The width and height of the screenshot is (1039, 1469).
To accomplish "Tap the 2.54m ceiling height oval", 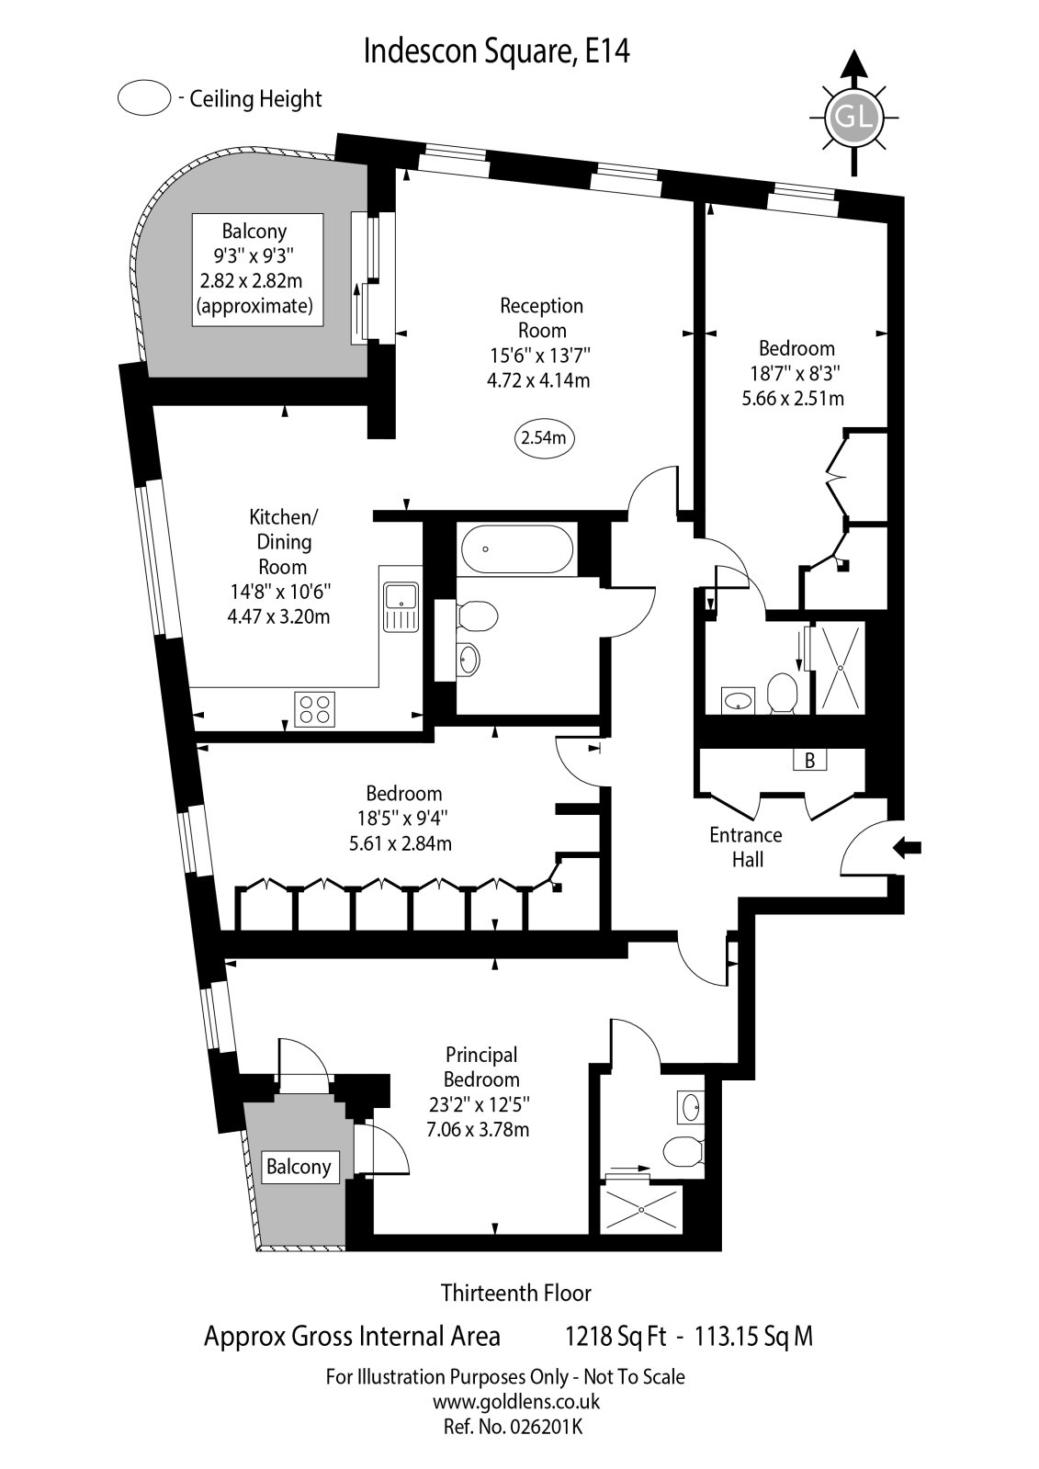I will (x=544, y=438).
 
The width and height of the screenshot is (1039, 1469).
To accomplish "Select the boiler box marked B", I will (x=809, y=760).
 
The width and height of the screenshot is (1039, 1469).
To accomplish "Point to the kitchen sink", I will (x=401, y=606).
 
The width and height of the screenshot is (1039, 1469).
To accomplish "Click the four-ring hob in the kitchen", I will (x=314, y=709).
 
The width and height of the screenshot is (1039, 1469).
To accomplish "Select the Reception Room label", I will (x=541, y=318).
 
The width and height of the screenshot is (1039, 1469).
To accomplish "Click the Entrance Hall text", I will (x=745, y=847).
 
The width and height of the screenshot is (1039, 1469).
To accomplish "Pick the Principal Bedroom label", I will (x=481, y=1067).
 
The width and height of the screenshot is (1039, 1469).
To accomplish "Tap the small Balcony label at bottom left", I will (x=298, y=1167).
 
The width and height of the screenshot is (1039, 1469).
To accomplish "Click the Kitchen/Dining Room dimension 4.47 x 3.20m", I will (x=278, y=616).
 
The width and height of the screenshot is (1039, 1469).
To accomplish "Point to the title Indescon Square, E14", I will (x=497, y=51).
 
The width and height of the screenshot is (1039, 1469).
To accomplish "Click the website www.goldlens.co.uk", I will (x=515, y=1402).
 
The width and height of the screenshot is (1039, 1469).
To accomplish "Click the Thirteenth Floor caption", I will (x=515, y=1293).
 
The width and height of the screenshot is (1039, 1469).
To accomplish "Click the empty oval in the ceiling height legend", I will (x=144, y=98).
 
